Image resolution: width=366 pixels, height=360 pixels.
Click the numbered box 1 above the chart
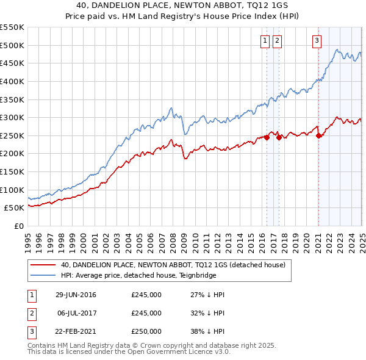click(265, 41)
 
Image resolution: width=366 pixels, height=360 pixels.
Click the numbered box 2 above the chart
click(277, 41)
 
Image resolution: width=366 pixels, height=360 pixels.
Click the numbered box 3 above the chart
click(317, 41)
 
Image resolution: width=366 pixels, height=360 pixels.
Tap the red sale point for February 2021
click(318, 135)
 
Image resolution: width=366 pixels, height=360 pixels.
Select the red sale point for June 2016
click(267, 137)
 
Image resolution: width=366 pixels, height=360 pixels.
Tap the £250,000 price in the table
click(146, 331)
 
